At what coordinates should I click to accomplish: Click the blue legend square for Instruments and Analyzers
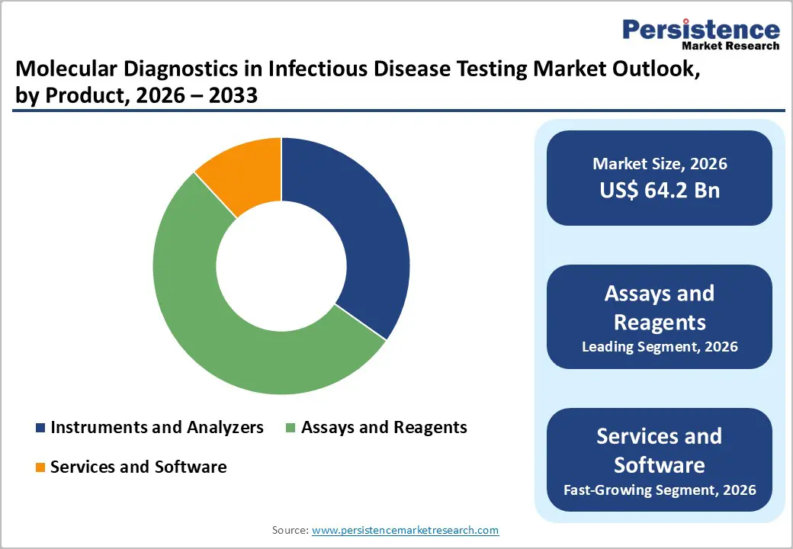pyautogui.click(x=41, y=428)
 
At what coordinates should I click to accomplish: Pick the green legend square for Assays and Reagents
pyautogui.click(x=291, y=428)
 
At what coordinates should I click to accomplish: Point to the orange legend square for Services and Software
pyautogui.click(x=41, y=467)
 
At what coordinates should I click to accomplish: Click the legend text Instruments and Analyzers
pyautogui.click(x=156, y=428)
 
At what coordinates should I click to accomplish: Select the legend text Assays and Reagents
pyautogui.click(x=384, y=428)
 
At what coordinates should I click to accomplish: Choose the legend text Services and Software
pyautogui.click(x=138, y=467)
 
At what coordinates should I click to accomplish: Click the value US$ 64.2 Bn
pyautogui.click(x=660, y=191)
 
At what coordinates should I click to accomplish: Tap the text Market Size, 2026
pyautogui.click(x=660, y=164)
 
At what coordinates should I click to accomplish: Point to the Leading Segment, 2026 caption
pyautogui.click(x=660, y=347)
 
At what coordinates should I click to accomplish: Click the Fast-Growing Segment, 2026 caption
pyautogui.click(x=660, y=489)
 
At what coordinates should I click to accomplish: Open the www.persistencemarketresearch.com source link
pyautogui.click(x=405, y=530)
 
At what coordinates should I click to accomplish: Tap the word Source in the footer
pyautogui.click(x=288, y=530)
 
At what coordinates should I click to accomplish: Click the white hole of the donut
pyautogui.click(x=281, y=265)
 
